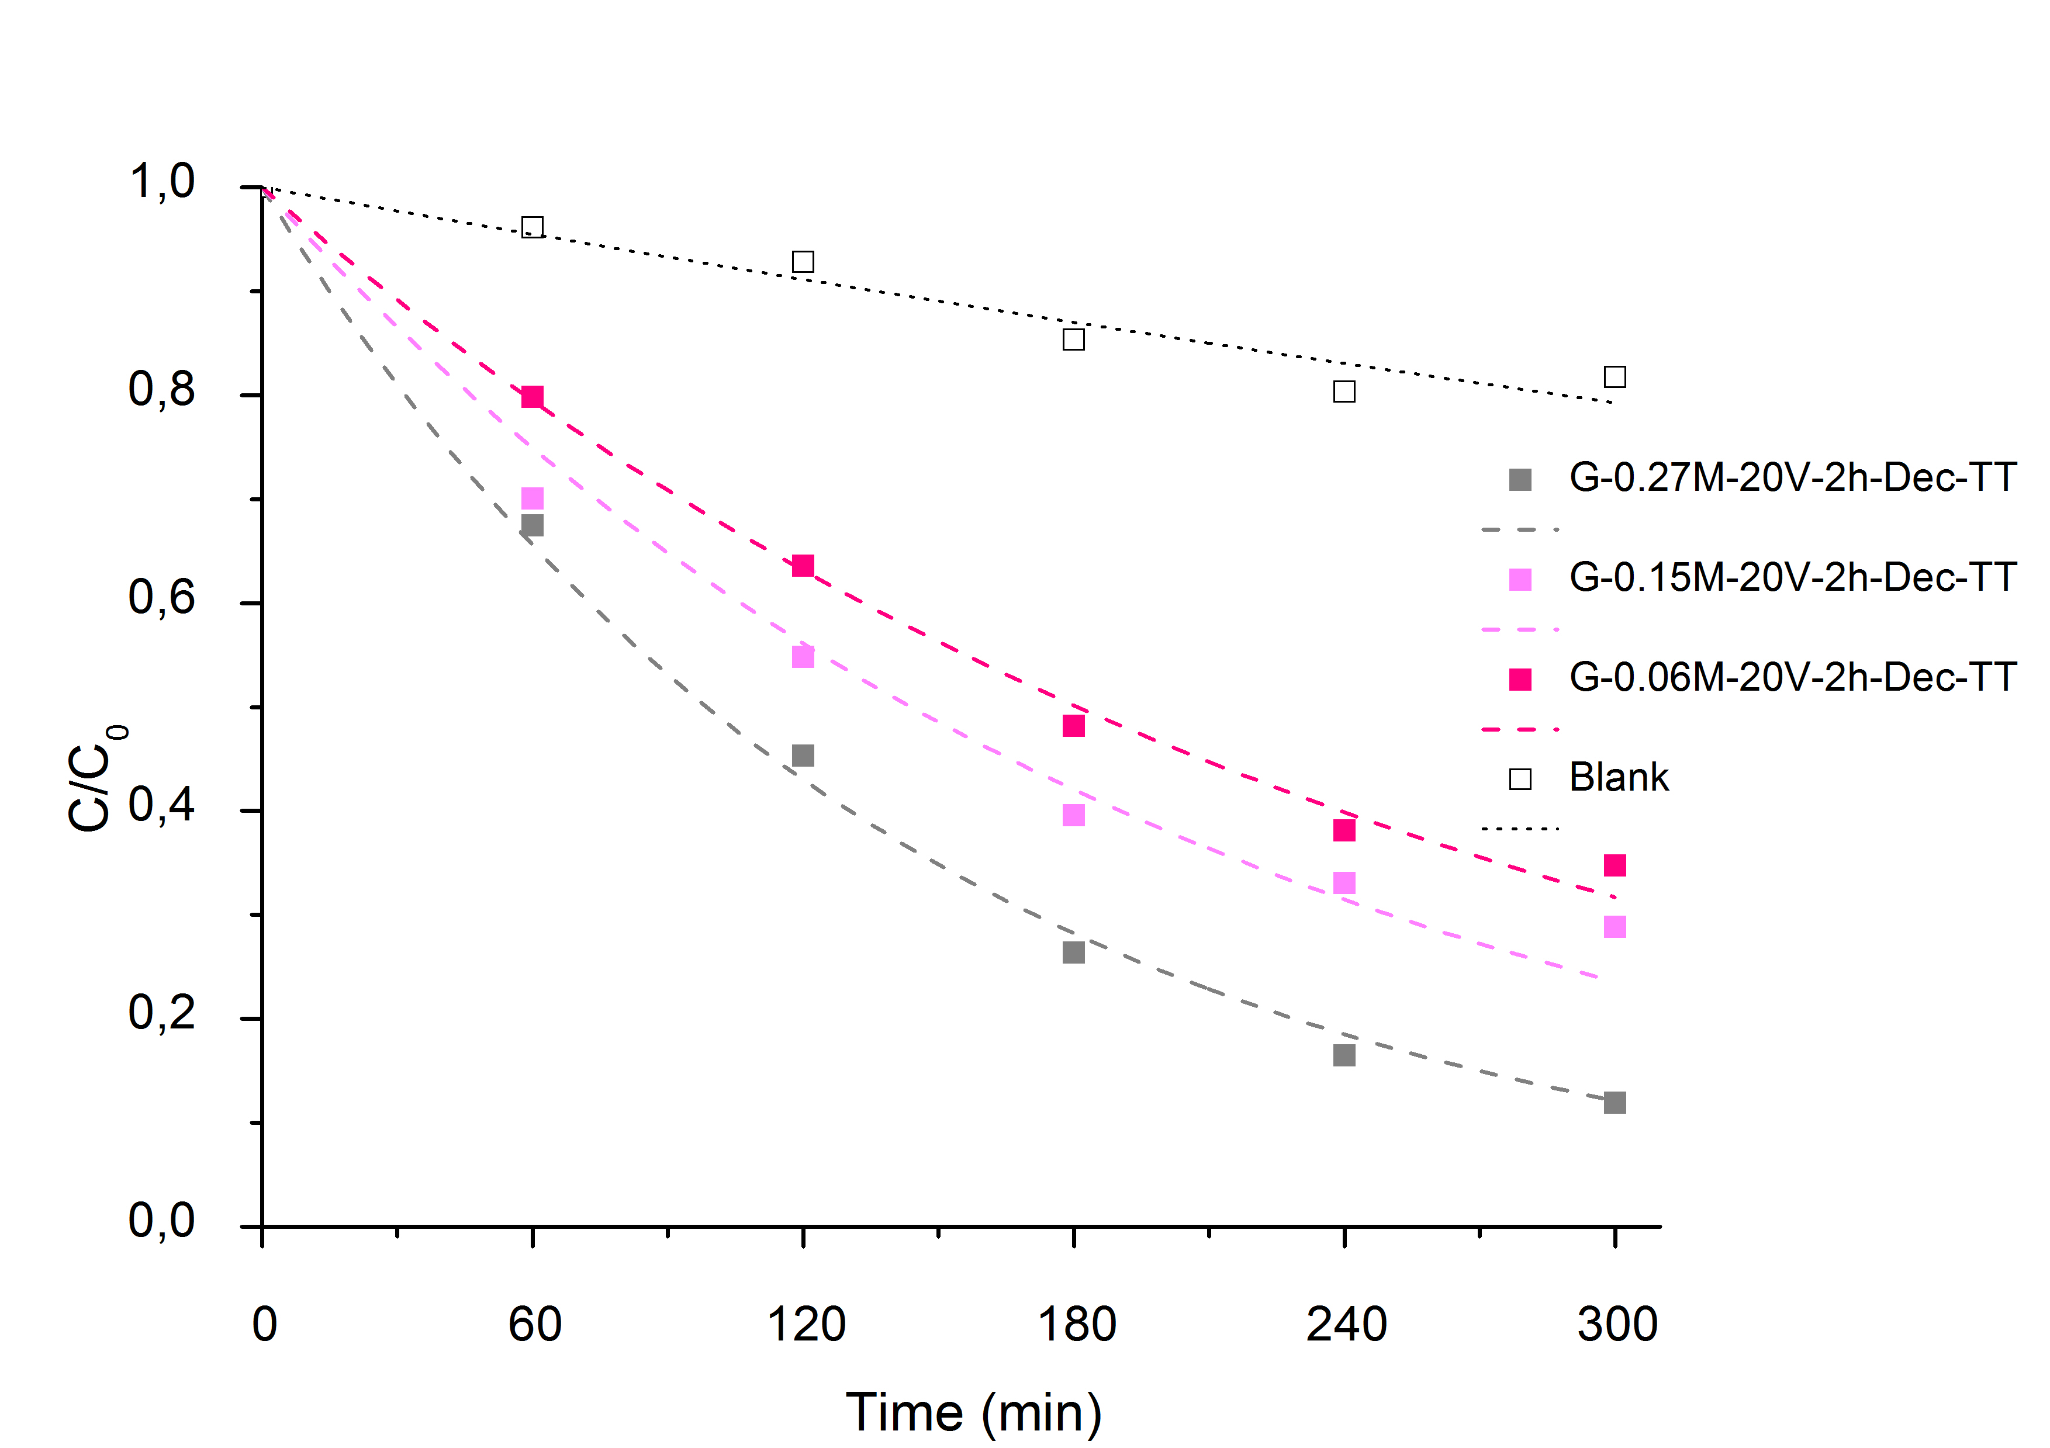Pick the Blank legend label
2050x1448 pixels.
click(x=1619, y=778)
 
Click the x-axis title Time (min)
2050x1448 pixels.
click(x=973, y=1412)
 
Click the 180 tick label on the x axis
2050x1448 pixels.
click(x=1076, y=1324)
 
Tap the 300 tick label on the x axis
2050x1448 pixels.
click(x=1617, y=1324)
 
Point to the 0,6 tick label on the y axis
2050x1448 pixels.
click(x=161, y=597)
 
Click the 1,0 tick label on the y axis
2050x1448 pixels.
click(x=161, y=182)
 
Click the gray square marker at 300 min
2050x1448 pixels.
click(x=1615, y=1103)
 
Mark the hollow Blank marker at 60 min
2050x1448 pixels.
click(x=532, y=227)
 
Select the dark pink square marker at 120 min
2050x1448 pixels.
click(x=803, y=565)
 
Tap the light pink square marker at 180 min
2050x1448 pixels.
click(x=1073, y=815)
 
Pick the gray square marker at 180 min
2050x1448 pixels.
click(x=1073, y=952)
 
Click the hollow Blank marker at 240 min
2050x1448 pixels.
click(x=1344, y=391)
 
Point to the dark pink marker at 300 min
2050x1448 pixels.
click(x=1615, y=865)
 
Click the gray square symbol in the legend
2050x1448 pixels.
click(x=1520, y=479)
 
